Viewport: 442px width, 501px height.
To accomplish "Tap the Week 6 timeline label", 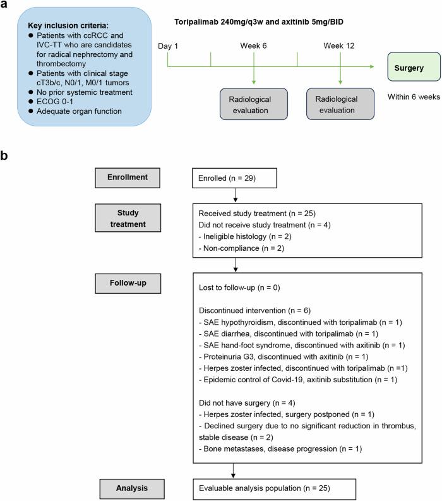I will coord(253,45).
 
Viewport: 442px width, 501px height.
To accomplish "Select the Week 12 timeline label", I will coord(340,45).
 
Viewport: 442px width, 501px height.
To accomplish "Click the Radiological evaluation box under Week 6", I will coord(254,104).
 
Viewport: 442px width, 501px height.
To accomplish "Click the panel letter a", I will coord(6,7).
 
